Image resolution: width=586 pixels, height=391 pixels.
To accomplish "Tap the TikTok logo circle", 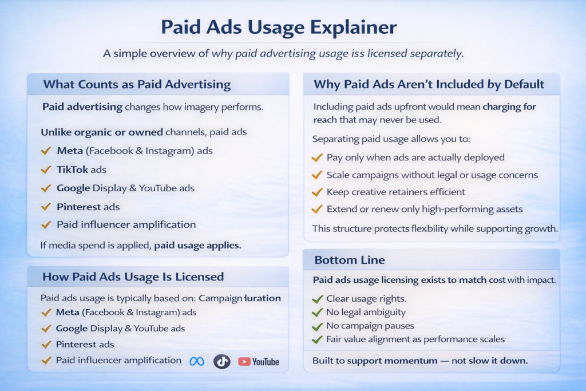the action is pos(222,361).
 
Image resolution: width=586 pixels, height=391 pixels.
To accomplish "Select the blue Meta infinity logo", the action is pos(197,361).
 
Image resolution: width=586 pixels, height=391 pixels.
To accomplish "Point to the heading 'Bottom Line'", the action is pos(350,260).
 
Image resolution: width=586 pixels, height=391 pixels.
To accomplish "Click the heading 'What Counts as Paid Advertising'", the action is pos(137,85).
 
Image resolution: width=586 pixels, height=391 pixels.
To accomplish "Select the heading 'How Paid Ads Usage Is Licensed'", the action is pos(133,277).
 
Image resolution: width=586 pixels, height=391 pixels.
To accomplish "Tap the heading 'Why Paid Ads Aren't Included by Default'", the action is pos(429,85).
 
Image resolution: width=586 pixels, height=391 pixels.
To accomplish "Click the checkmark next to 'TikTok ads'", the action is pos(46,169).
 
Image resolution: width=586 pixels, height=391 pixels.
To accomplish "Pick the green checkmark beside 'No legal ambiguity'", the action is pos(317,313).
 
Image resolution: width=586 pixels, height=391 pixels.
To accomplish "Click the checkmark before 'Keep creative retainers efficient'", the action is pos(317,192).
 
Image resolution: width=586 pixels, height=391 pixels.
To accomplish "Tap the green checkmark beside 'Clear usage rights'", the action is pos(317,299).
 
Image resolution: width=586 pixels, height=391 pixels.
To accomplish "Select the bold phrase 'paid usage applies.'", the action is pos(197,245).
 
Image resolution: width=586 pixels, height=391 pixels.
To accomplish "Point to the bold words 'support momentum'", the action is pos(392,361).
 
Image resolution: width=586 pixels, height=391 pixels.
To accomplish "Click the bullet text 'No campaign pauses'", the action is pos(370,326).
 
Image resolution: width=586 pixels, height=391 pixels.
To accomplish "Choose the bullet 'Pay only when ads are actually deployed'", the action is pos(415,157).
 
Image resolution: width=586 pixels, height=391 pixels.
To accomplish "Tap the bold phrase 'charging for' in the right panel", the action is pos(509,107).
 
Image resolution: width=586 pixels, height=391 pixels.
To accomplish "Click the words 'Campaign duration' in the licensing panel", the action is pos(240,298).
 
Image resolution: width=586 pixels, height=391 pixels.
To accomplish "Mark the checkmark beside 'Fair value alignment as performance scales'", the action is pos(317,339).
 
